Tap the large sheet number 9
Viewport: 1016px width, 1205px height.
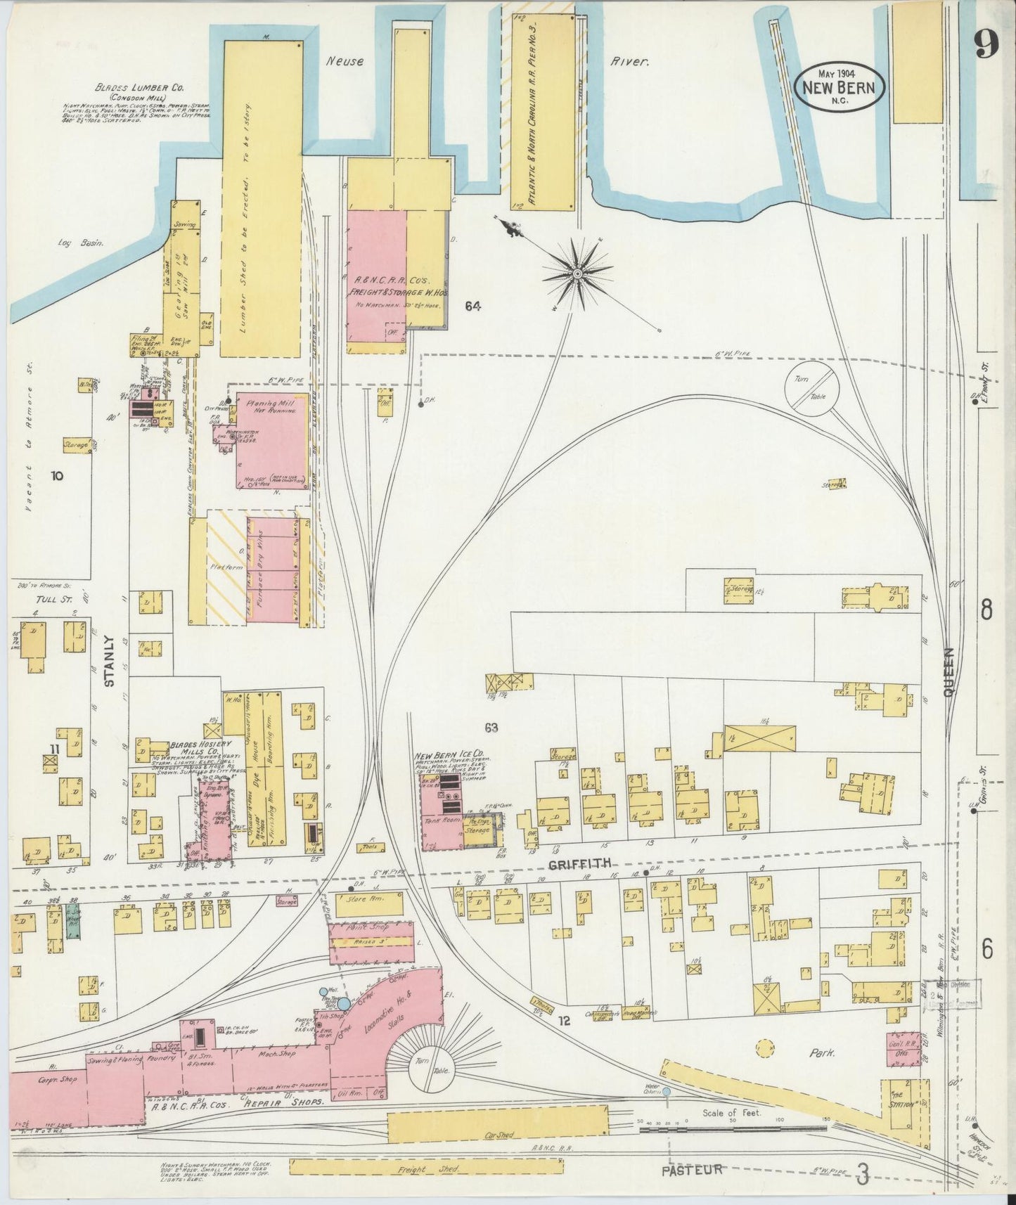coord(987,47)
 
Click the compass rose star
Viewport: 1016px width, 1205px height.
coord(577,271)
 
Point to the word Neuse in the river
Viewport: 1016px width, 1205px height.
coord(345,62)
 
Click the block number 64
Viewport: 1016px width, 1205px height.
coord(472,306)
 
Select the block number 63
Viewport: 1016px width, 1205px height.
coord(491,728)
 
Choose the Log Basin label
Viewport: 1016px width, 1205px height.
coord(81,243)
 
